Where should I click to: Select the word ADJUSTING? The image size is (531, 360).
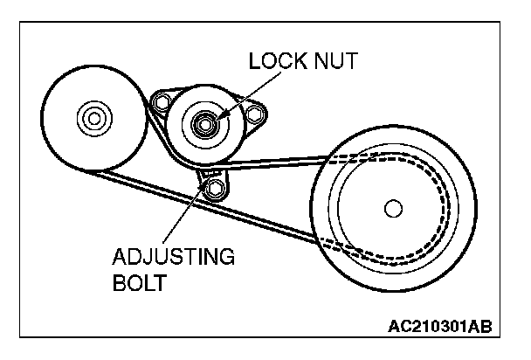(x=173, y=258)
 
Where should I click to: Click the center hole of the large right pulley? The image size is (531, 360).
(x=392, y=207)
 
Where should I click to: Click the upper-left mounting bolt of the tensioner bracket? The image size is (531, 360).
(x=160, y=105)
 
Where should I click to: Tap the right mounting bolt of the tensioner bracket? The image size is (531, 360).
(x=254, y=114)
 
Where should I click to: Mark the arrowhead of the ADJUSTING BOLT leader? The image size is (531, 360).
(x=206, y=181)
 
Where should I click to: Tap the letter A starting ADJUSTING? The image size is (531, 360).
(x=120, y=258)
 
